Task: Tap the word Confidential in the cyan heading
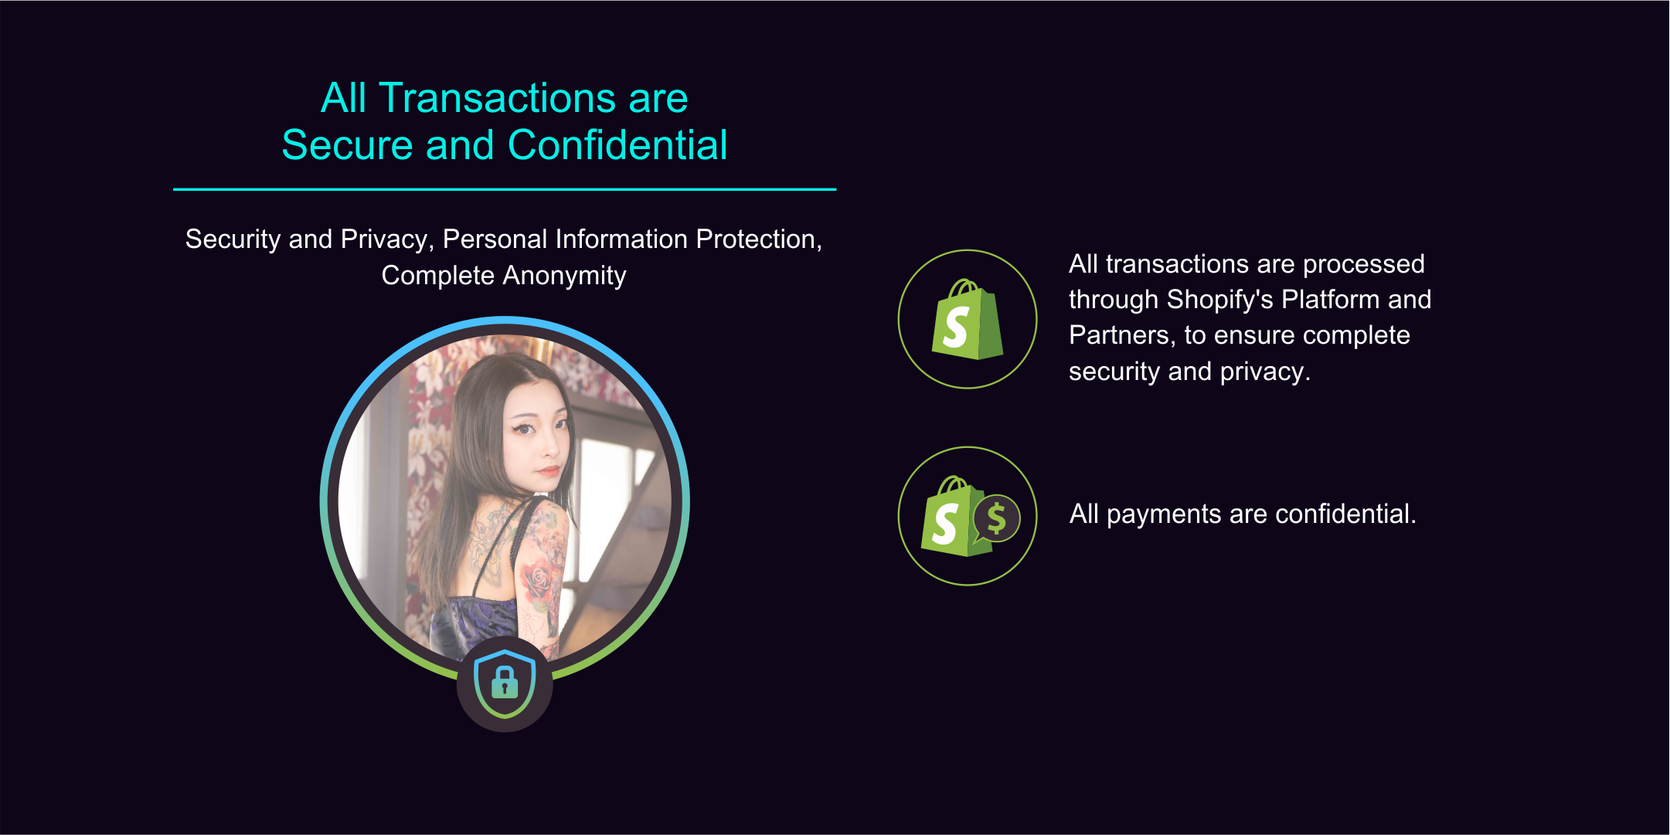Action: tap(617, 144)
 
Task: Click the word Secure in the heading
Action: tap(348, 144)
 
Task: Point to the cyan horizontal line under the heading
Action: tap(505, 189)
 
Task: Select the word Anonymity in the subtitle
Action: tap(564, 276)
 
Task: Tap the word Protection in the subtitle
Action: tap(759, 239)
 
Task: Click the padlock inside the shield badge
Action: tap(505, 682)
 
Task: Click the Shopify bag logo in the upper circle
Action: tap(968, 320)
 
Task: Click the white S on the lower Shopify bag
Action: tap(945, 524)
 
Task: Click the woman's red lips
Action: tap(549, 469)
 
